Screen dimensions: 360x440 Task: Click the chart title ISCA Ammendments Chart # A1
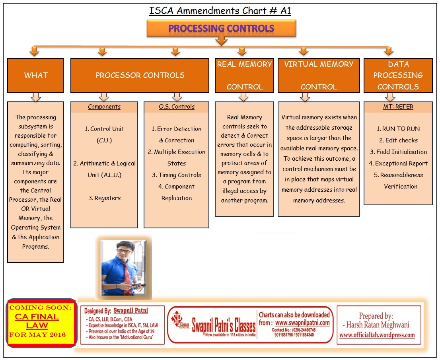tap(220, 11)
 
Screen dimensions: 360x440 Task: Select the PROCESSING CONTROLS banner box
tap(221, 29)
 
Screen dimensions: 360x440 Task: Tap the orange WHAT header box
tap(35, 75)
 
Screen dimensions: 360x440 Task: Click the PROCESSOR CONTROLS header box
tap(140, 75)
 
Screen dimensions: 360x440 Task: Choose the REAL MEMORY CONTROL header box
tap(244, 75)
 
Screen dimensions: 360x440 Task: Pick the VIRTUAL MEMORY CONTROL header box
tap(319, 75)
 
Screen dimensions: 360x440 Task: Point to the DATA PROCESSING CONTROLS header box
tap(398, 75)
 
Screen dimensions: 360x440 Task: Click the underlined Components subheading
tap(104, 107)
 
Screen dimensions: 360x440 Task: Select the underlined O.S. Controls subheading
tap(177, 107)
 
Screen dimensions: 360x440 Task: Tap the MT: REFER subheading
tap(398, 107)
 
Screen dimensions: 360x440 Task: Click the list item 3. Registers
tap(105, 198)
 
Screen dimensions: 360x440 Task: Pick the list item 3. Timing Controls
tap(177, 175)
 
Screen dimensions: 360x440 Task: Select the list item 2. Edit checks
tap(398, 140)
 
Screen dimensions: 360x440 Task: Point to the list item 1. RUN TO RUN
tap(398, 129)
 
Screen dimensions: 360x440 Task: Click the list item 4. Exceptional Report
tap(398, 163)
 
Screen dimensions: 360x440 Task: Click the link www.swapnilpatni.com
tap(302, 323)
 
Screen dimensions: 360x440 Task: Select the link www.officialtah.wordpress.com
tap(377, 335)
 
